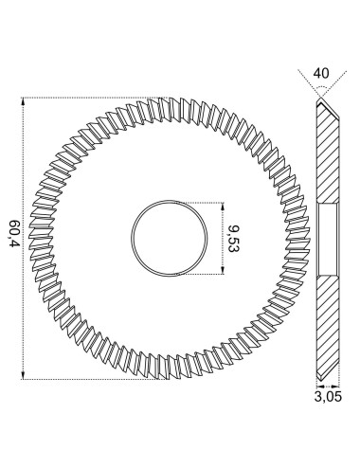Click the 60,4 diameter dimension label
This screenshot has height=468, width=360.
click(14, 233)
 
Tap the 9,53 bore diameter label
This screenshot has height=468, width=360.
click(234, 239)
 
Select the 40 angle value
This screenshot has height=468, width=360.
click(321, 73)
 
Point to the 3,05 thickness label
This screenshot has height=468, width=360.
click(328, 396)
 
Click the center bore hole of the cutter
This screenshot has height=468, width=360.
click(170, 238)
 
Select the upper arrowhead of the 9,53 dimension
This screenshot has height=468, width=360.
click(223, 207)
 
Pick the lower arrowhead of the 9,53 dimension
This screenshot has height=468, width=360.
click(223, 270)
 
